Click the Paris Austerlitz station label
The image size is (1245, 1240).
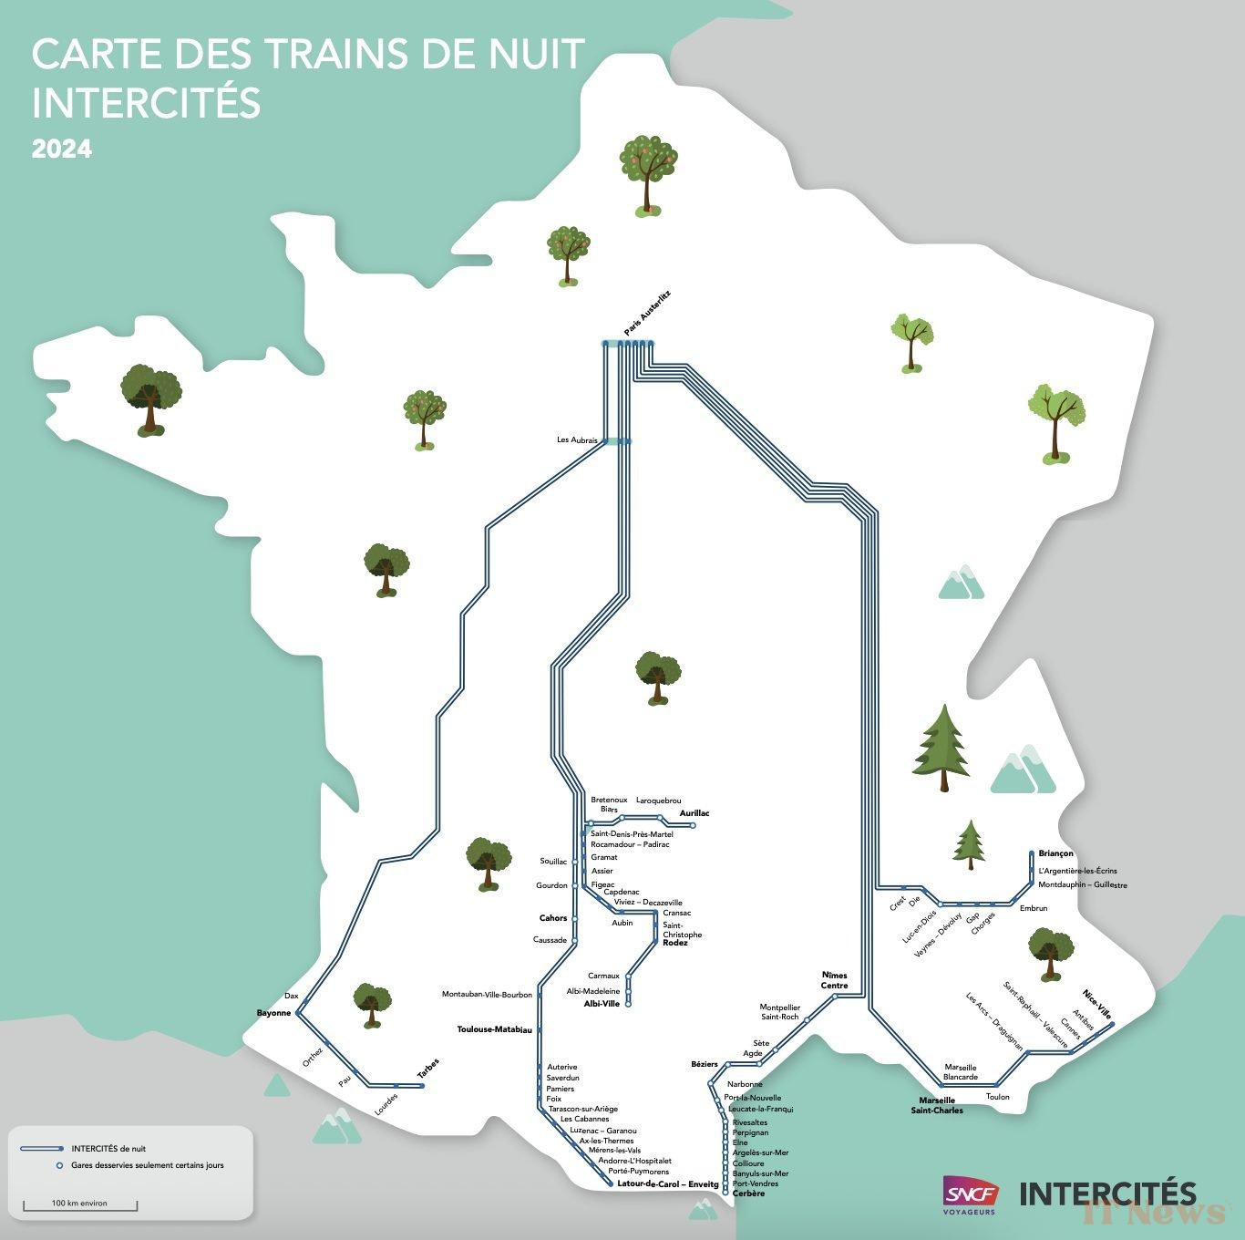pos(647,314)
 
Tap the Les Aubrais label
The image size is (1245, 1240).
pos(577,440)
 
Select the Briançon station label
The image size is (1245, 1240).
pos(1055,854)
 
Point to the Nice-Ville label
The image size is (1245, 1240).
pos(1097,1003)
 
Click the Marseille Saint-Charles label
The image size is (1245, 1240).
pos(937,1105)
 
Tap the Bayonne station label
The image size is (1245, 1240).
pos(273,1013)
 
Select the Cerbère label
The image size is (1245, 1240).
pos(749,1193)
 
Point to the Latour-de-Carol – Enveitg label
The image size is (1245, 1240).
pos(668,1183)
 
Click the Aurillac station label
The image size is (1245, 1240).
pos(695,813)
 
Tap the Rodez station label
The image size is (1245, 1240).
pos(675,943)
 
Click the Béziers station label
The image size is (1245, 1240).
pos(705,1064)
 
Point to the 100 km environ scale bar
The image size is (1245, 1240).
pos(80,1206)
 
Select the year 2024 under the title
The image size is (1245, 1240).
pos(62,149)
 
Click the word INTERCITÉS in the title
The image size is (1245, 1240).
pos(146,102)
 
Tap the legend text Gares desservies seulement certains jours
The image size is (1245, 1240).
pos(147,1165)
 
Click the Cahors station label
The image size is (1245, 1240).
pos(553,918)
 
